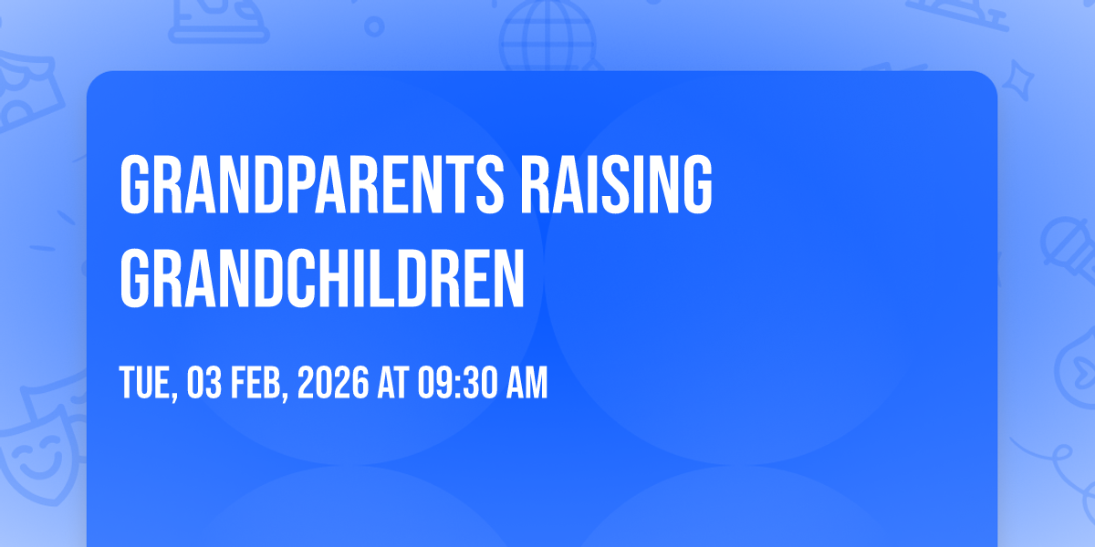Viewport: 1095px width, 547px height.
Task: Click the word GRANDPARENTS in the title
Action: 312,184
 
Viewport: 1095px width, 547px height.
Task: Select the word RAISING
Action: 616,184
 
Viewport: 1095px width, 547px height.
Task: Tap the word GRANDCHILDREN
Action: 322,278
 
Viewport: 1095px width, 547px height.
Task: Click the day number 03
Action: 203,383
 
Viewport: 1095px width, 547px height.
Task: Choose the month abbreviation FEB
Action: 255,383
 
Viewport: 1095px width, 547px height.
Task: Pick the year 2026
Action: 333,383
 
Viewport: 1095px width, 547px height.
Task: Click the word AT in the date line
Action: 392,383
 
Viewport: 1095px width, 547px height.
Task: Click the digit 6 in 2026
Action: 360,383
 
